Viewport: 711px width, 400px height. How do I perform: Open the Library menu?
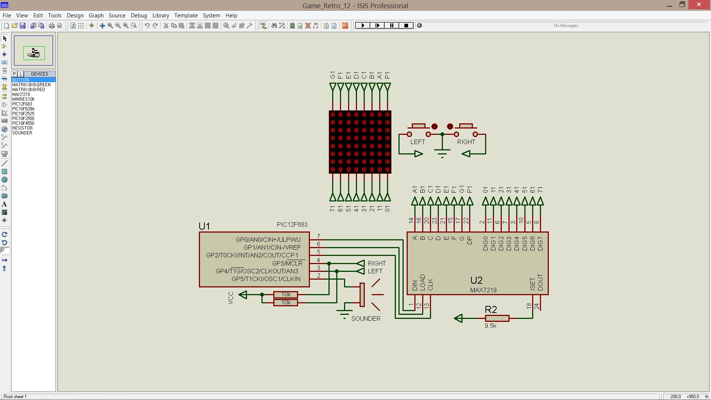(x=160, y=16)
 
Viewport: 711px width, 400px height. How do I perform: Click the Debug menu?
(x=139, y=16)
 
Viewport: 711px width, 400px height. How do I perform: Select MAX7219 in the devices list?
(x=21, y=94)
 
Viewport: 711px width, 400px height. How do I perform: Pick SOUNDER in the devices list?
(x=22, y=133)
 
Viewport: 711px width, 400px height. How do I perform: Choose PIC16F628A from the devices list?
(x=23, y=109)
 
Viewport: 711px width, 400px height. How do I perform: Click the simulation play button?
(x=363, y=26)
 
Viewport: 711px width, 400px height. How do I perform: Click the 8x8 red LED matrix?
(x=360, y=142)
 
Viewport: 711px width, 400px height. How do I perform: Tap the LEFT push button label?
(x=417, y=142)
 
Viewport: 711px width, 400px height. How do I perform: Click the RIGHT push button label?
(x=465, y=142)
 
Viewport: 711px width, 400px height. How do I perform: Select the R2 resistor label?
(x=491, y=309)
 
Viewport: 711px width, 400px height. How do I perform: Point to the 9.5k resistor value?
(x=490, y=326)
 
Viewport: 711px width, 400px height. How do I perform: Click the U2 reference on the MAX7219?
(x=476, y=280)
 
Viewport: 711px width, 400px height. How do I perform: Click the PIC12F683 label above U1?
(x=292, y=224)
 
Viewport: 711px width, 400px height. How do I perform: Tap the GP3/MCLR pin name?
(x=287, y=263)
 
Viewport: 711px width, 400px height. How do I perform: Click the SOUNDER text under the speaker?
(x=365, y=319)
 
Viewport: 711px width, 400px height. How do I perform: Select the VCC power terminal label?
(x=231, y=298)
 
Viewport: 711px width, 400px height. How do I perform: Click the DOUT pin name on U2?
(x=540, y=282)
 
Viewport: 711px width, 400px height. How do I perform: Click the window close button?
(x=698, y=5)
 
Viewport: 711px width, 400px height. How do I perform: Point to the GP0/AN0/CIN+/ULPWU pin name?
(x=268, y=240)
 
